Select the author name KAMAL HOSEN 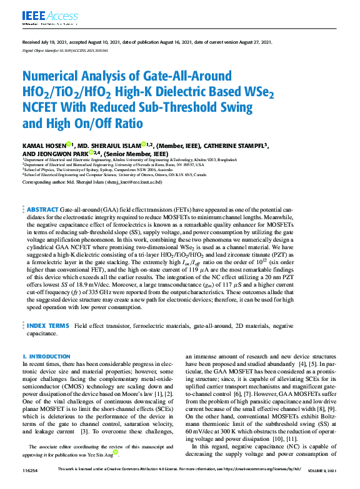42,145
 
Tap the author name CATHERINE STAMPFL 236,145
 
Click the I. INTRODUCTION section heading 46,356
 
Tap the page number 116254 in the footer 31,483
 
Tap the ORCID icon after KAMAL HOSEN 71,144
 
